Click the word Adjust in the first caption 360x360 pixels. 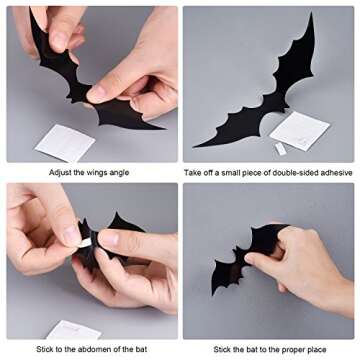[63, 172]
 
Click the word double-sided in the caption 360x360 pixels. [294, 172]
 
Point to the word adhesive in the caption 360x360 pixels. [335, 172]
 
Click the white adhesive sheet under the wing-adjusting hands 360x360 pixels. [66, 141]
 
